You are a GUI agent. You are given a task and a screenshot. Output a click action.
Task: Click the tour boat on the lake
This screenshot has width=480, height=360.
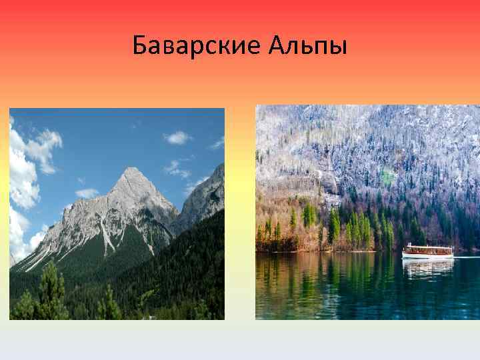pos(427,251)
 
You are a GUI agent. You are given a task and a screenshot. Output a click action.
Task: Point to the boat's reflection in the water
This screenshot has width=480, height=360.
pos(427,267)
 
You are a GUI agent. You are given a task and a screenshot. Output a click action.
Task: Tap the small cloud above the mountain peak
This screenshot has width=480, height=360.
pos(178,137)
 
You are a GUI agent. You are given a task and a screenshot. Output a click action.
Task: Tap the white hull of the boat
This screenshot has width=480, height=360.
pos(427,255)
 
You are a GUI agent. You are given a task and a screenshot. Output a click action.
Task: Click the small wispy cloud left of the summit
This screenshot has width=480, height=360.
pos(87,193)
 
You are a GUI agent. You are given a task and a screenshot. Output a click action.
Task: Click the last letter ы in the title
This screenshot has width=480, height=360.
pos(339,47)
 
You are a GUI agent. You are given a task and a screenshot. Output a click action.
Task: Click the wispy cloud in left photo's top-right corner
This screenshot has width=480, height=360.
pos(217,143)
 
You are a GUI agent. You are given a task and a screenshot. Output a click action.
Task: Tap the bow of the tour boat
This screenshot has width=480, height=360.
pos(404,252)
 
